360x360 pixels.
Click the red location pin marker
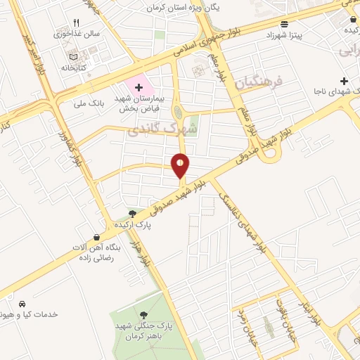pos(181,165)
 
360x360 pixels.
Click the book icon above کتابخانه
pos(74,57)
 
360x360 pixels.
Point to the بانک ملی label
pos(89,103)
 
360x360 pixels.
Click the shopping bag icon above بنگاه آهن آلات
pos(96,238)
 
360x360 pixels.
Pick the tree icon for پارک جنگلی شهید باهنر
pos(143,314)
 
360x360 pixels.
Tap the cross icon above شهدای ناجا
pos(343,81)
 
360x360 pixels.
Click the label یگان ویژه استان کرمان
pos(188,8)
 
